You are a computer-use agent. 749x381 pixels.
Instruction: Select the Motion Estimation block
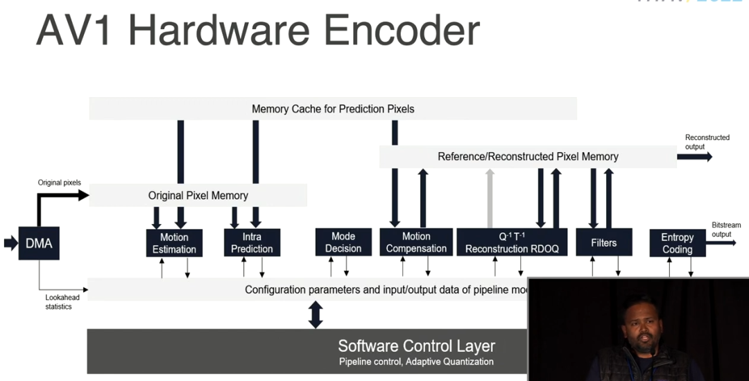tap(174, 243)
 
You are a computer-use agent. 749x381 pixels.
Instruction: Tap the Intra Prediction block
tap(252, 243)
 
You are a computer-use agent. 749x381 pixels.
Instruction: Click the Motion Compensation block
tap(416, 242)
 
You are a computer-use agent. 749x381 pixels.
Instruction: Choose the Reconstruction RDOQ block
tap(513, 242)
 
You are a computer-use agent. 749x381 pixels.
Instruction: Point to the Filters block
tap(603, 242)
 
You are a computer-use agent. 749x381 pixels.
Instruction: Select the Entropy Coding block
tap(678, 243)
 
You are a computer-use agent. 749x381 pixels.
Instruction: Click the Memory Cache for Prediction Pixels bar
tap(333, 109)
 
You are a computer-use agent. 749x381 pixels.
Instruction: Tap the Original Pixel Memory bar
tap(198, 196)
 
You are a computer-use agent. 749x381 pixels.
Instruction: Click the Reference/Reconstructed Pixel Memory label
tap(528, 157)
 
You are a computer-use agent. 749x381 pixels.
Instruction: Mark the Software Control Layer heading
tap(416, 346)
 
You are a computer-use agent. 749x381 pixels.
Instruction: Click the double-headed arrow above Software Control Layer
tap(316, 314)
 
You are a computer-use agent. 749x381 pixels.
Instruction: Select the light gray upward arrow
tap(490, 198)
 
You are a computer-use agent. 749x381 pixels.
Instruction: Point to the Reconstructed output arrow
tap(694, 157)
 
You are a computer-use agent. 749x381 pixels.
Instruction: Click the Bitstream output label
tap(726, 230)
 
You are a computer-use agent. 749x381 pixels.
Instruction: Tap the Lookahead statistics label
tap(62, 302)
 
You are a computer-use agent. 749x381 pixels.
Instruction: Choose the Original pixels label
tap(59, 183)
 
